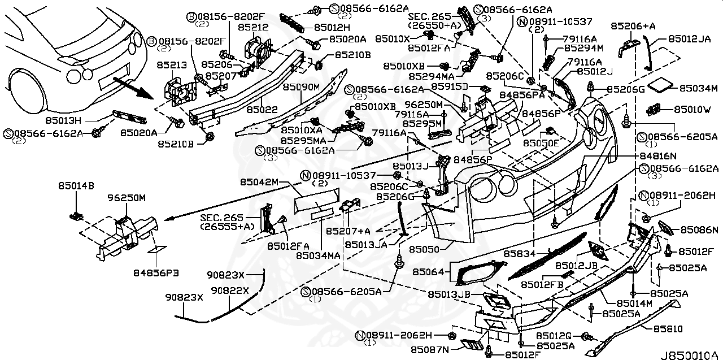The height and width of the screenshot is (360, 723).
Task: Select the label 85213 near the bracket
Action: (x=173, y=66)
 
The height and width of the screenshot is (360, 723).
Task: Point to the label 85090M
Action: (x=302, y=87)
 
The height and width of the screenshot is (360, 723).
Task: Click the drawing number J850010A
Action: (x=694, y=355)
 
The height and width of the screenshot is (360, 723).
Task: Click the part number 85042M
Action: (x=259, y=182)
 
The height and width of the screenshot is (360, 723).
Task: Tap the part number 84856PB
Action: (x=156, y=272)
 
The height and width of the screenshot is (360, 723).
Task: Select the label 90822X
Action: (x=230, y=290)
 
